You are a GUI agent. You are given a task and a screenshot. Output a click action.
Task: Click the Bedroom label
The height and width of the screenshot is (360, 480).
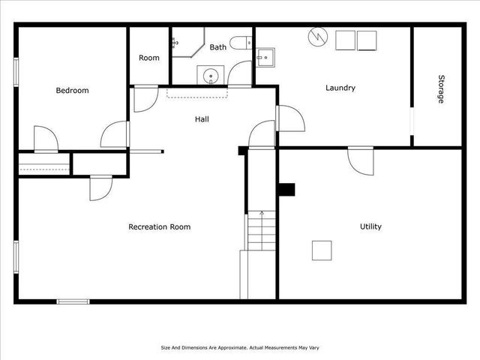coord(72,91)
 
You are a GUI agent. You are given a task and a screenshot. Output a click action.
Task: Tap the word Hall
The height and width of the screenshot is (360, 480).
coord(202,119)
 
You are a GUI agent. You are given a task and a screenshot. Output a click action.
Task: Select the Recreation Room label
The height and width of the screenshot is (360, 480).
coord(159,227)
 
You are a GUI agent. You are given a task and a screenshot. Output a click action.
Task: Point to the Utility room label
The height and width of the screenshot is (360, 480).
coord(370,226)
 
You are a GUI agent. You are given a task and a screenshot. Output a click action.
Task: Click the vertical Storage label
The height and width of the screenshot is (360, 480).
coord(441,88)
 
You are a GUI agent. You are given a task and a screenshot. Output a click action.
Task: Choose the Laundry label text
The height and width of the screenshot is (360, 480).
coord(340,88)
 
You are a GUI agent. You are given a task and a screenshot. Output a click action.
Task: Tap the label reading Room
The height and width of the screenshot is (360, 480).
coord(148,58)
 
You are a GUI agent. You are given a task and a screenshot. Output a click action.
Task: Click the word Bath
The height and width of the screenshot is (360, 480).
coord(217,47)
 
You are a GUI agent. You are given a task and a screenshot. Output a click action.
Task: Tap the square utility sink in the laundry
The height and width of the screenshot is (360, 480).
coord(265,57)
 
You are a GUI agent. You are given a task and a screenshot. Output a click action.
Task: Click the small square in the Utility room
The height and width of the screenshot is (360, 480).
coord(322,250)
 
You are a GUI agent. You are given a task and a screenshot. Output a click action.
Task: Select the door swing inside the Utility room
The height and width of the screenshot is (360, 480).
coord(361,160)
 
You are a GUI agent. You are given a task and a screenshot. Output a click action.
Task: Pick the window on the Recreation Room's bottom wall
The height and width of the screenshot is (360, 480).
coord(73,301)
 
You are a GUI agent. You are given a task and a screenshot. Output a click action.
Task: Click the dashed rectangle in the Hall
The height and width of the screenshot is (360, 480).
coord(196,93)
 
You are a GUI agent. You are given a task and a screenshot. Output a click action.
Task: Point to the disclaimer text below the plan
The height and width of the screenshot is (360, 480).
coord(239,347)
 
